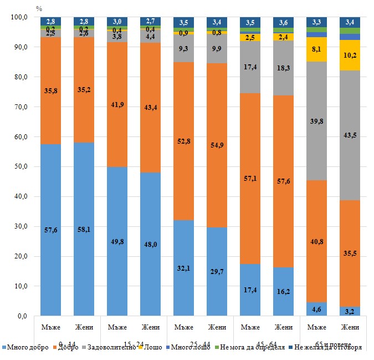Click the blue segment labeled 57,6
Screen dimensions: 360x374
click(x=50, y=230)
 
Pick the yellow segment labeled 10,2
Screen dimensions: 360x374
click(x=350, y=55)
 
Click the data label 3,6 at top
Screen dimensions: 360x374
click(x=284, y=23)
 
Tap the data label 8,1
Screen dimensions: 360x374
click(x=317, y=49)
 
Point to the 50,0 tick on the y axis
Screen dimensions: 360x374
click(x=19, y=167)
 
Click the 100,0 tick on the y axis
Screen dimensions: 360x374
click(x=18, y=18)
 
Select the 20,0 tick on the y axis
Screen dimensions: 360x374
click(x=19, y=256)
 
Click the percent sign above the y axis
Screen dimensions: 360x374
click(x=38, y=8)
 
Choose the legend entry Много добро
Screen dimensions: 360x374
click(x=27, y=348)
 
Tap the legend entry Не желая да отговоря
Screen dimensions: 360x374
click(x=329, y=348)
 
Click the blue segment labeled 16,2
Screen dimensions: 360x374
click(x=284, y=291)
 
